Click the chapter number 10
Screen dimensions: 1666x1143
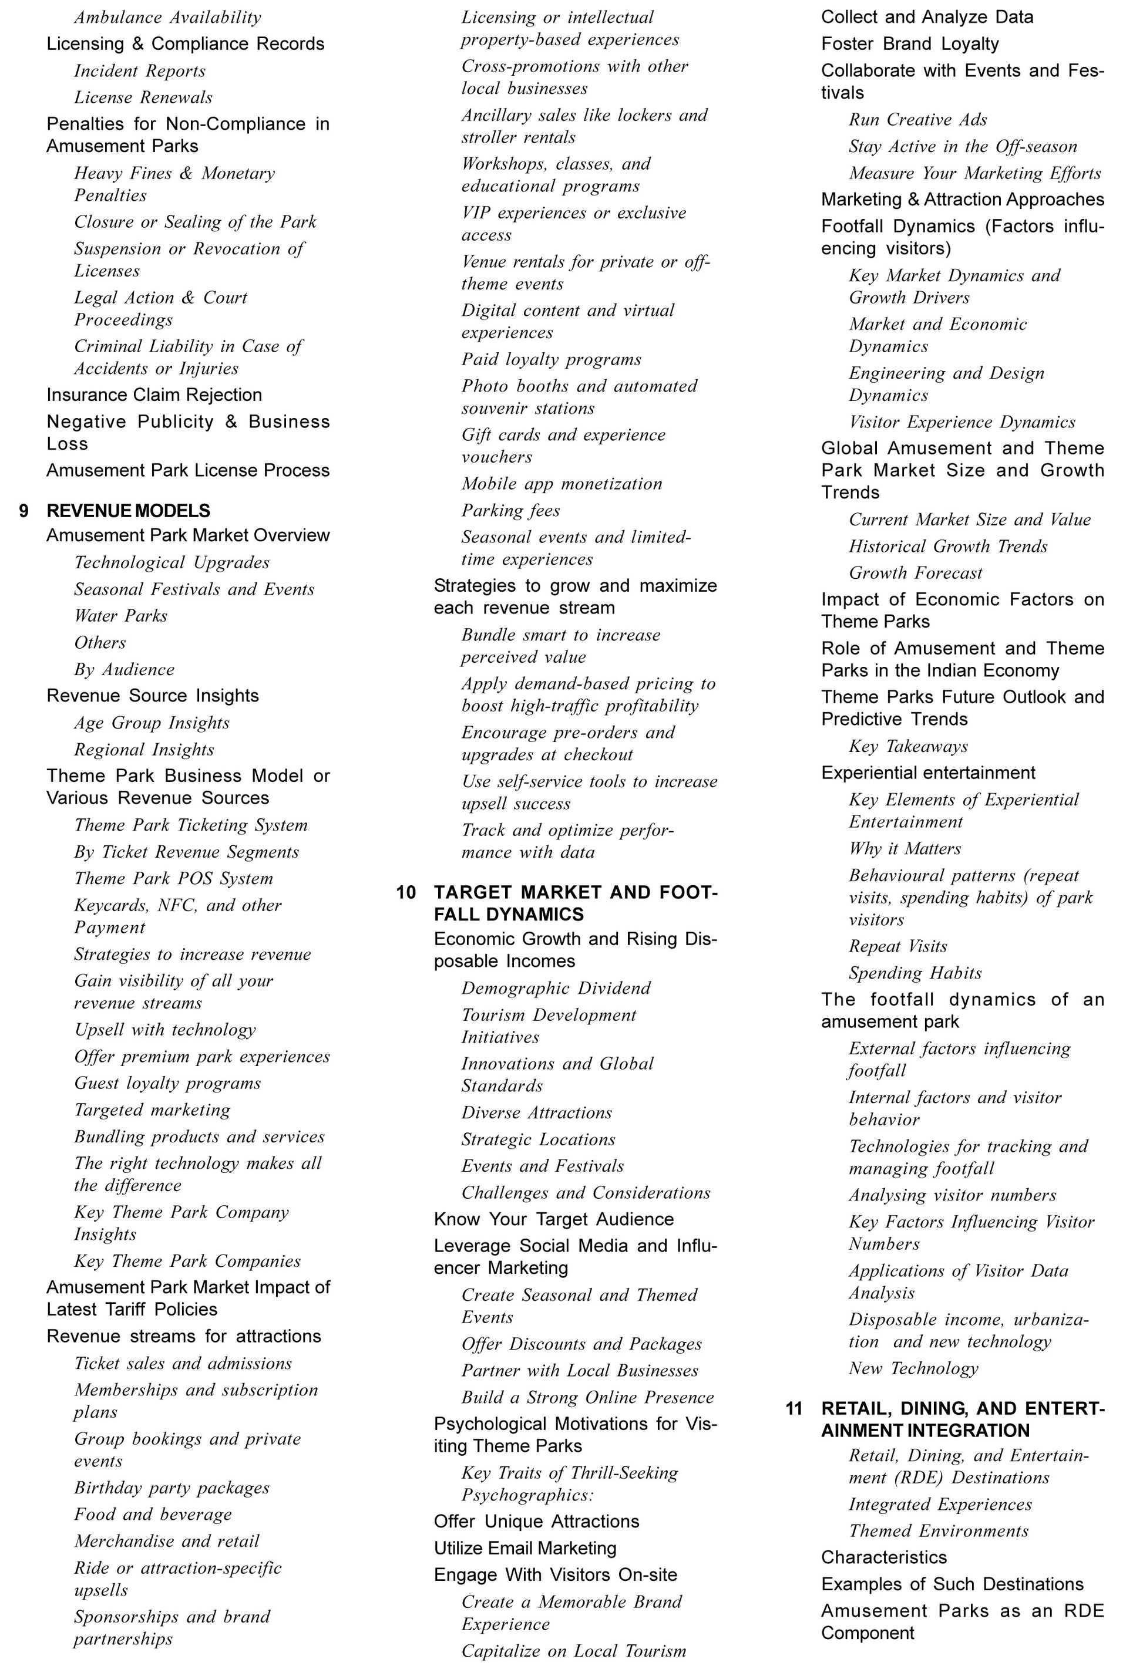point(406,892)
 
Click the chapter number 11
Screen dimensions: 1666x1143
point(794,1409)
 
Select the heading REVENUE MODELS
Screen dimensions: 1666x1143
point(129,511)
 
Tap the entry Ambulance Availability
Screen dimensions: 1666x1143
point(167,17)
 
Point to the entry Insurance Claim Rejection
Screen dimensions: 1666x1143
point(154,395)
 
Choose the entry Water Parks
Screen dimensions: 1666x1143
point(120,616)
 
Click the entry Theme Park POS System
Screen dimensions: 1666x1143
point(173,878)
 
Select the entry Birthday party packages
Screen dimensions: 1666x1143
point(172,1488)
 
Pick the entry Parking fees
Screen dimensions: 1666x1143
point(510,510)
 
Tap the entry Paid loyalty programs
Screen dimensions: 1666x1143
point(551,359)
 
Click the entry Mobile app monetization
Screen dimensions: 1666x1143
point(562,484)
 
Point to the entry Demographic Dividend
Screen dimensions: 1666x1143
point(556,988)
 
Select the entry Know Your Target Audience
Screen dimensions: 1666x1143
point(553,1219)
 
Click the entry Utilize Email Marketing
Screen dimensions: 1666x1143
point(525,1549)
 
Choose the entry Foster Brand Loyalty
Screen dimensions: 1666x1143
point(909,43)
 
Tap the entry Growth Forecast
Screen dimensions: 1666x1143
point(915,573)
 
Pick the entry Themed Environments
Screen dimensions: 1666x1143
point(938,1530)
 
